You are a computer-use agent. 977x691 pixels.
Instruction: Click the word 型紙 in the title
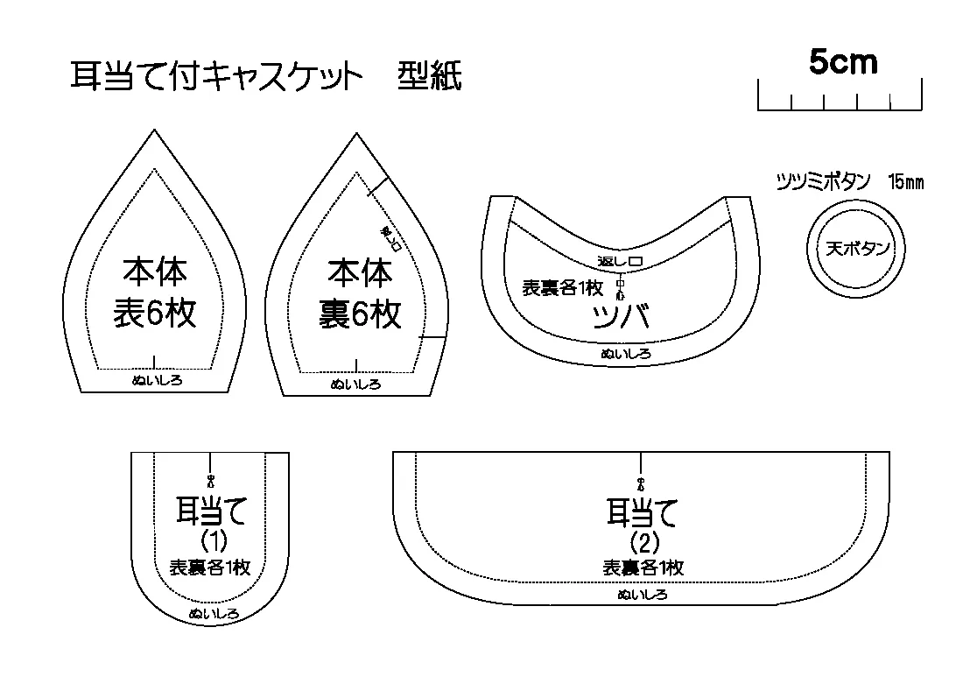(429, 78)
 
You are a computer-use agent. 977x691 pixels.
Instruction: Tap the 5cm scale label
(842, 62)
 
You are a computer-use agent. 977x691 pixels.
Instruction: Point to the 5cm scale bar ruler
(840, 98)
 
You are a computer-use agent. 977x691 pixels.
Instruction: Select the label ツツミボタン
(823, 183)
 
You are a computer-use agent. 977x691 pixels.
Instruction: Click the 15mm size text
(905, 183)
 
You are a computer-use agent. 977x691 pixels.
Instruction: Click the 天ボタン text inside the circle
(858, 249)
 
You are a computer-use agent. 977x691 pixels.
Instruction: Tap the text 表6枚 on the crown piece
(155, 313)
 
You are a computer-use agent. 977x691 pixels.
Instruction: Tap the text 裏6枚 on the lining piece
(361, 313)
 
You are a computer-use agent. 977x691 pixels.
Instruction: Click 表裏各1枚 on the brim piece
(562, 287)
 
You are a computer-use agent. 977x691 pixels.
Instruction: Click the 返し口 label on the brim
(620, 262)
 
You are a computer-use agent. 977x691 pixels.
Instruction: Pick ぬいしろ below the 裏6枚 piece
(355, 384)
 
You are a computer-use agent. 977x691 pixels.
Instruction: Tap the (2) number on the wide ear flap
(643, 540)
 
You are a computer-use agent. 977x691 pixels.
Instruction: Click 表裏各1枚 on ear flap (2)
(643, 568)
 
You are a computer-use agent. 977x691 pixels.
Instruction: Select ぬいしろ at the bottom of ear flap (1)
(214, 614)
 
